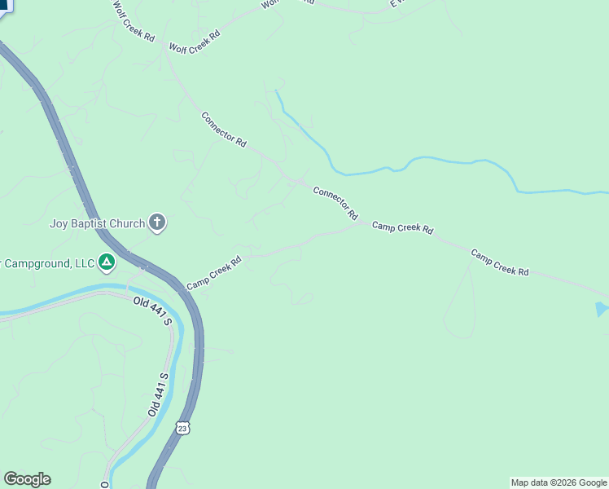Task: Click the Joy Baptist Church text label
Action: (97, 222)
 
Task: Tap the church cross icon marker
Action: (157, 222)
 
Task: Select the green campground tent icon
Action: (106, 262)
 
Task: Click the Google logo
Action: (27, 479)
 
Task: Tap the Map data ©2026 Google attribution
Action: (559, 482)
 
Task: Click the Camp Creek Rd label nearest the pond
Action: (500, 262)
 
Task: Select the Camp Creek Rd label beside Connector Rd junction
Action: (402, 227)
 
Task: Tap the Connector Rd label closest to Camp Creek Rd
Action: (335, 203)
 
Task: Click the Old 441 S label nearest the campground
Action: (153, 311)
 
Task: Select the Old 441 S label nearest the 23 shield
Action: (158, 394)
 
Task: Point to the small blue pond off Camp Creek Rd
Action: (601, 309)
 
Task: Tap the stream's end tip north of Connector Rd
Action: (277, 91)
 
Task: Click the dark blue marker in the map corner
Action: (5, 5)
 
